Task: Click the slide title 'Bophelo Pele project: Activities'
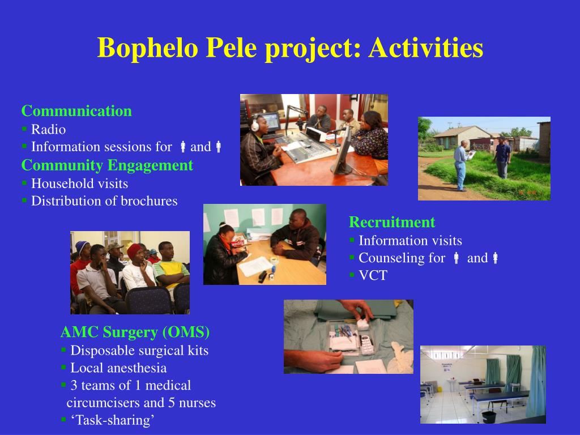pyautogui.click(x=290, y=48)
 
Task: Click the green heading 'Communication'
pyautogui.click(x=76, y=111)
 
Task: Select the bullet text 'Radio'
pyautogui.click(x=48, y=129)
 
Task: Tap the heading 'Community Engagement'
pyautogui.click(x=107, y=165)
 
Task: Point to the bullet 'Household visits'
pyautogui.click(x=79, y=184)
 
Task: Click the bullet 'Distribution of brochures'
pyautogui.click(x=104, y=201)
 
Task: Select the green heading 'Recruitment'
pyautogui.click(x=392, y=222)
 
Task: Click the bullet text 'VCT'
pyautogui.click(x=373, y=276)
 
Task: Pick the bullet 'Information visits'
pyautogui.click(x=410, y=241)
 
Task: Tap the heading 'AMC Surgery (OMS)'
pyautogui.click(x=135, y=332)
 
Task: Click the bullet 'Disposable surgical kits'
pyautogui.click(x=139, y=351)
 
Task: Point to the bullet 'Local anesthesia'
pyautogui.click(x=118, y=368)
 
